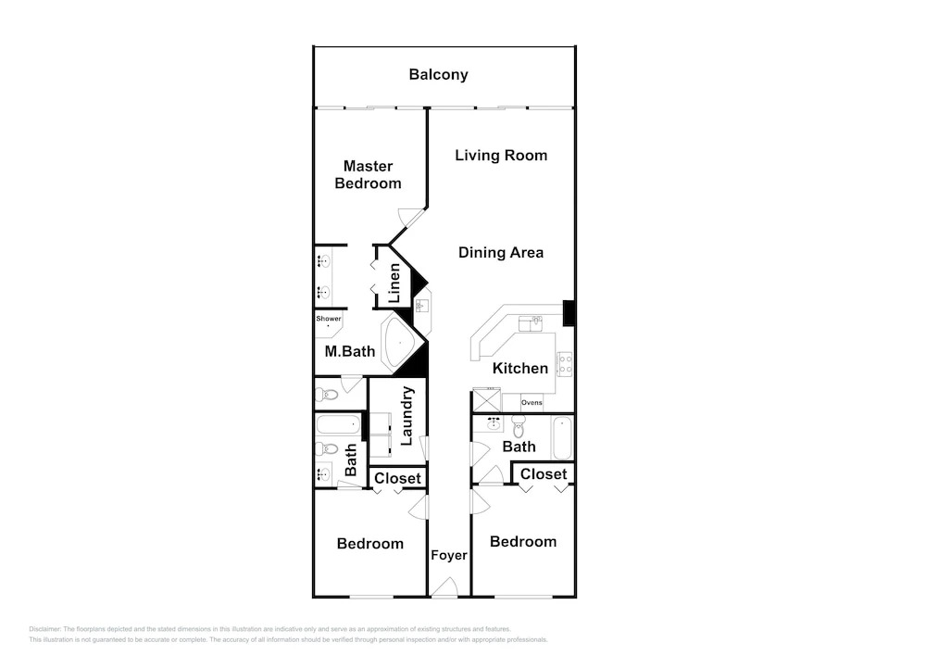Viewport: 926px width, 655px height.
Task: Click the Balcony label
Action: [438, 74]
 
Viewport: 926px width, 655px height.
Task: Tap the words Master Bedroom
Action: [368, 175]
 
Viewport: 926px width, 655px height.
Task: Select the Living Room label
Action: [501, 156]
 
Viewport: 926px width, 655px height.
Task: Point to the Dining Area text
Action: [501, 253]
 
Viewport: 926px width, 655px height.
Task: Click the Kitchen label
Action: [520, 368]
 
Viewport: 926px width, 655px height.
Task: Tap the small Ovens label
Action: [532, 402]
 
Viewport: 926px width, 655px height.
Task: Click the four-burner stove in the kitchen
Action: [565, 364]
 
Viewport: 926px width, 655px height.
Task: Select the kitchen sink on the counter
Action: [531, 323]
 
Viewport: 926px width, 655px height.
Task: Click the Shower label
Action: [329, 319]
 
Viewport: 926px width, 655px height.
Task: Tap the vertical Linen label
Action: [394, 283]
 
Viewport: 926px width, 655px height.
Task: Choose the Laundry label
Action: [407, 416]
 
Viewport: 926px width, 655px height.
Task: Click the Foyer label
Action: [449, 555]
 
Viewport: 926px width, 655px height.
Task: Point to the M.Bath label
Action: [350, 351]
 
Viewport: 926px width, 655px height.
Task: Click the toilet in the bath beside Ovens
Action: [519, 426]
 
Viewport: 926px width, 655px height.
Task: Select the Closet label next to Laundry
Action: [397, 478]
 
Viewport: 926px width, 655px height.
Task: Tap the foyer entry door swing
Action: [444, 586]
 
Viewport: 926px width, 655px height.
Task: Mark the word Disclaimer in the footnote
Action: [44, 630]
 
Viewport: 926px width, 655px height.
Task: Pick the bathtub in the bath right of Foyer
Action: [562, 437]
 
